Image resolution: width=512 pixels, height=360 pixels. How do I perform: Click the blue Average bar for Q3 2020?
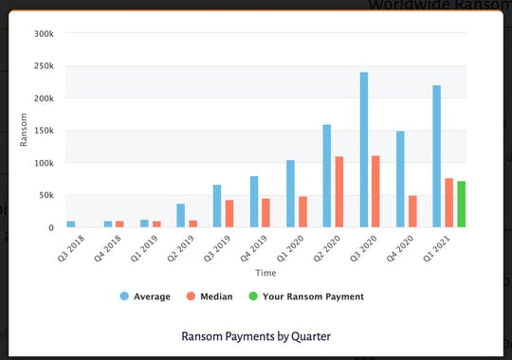pos(363,150)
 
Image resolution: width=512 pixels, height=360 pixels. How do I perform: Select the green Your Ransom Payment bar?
pos(462,204)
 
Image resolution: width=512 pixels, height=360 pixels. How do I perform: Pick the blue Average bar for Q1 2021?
pos(437,156)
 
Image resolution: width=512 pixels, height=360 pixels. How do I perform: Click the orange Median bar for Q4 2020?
pos(413,211)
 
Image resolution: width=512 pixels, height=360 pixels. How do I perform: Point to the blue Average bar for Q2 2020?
pos(327,175)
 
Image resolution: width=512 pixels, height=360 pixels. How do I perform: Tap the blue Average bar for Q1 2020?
pos(290,193)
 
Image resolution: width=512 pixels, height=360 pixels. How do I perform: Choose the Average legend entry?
pos(147,297)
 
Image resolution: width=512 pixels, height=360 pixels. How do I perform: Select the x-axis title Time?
pos(265,273)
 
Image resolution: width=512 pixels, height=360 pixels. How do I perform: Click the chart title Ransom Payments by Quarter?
pos(256,335)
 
